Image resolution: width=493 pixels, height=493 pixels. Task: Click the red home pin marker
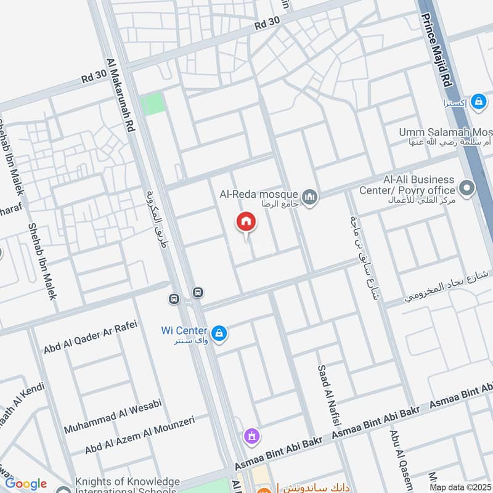tap(246, 222)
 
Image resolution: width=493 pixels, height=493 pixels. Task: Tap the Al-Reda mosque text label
tap(259, 194)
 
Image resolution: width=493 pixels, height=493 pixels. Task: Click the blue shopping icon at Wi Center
tap(219, 334)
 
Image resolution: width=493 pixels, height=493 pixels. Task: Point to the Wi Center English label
tap(183, 330)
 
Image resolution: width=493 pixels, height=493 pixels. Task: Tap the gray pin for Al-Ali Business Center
tap(467, 189)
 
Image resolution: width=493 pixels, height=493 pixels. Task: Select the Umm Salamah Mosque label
tap(445, 132)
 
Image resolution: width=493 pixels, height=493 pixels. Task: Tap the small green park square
tap(153, 104)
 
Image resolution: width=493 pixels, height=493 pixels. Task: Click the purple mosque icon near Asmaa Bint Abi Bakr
tap(251, 438)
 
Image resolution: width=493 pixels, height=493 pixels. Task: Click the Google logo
tap(26, 484)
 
